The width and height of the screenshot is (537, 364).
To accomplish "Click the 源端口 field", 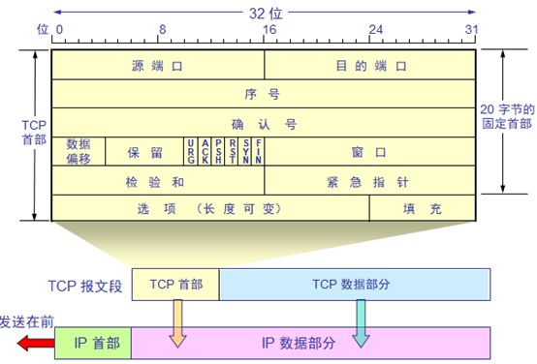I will pyautogui.click(x=157, y=67).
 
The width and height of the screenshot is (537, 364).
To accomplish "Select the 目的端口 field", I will pyautogui.click(x=370, y=67).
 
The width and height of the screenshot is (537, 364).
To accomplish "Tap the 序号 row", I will pyautogui.click(x=263, y=95).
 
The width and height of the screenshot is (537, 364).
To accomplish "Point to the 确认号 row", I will pyautogui.click(x=263, y=124).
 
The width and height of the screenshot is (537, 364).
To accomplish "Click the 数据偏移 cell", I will pyautogui.click(x=79, y=152).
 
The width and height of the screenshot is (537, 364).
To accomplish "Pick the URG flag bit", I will pyautogui.click(x=192, y=152).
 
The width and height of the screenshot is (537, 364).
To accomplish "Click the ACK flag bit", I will pyautogui.click(x=205, y=152).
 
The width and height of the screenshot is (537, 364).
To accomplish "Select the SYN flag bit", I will pyautogui.click(x=246, y=152).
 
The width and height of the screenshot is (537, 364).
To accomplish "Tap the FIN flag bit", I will pyautogui.click(x=259, y=152).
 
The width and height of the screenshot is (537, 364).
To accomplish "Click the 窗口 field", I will pyautogui.click(x=370, y=152).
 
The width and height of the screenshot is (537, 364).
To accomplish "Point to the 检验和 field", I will pyautogui.click(x=157, y=181).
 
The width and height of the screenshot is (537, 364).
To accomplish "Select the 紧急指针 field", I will pyautogui.click(x=370, y=181).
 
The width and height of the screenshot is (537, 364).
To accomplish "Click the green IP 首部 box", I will pyautogui.click(x=93, y=341).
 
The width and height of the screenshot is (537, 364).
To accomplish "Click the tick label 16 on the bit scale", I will pyautogui.click(x=265, y=30).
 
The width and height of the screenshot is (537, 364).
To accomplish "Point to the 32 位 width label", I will pyautogui.click(x=264, y=13).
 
